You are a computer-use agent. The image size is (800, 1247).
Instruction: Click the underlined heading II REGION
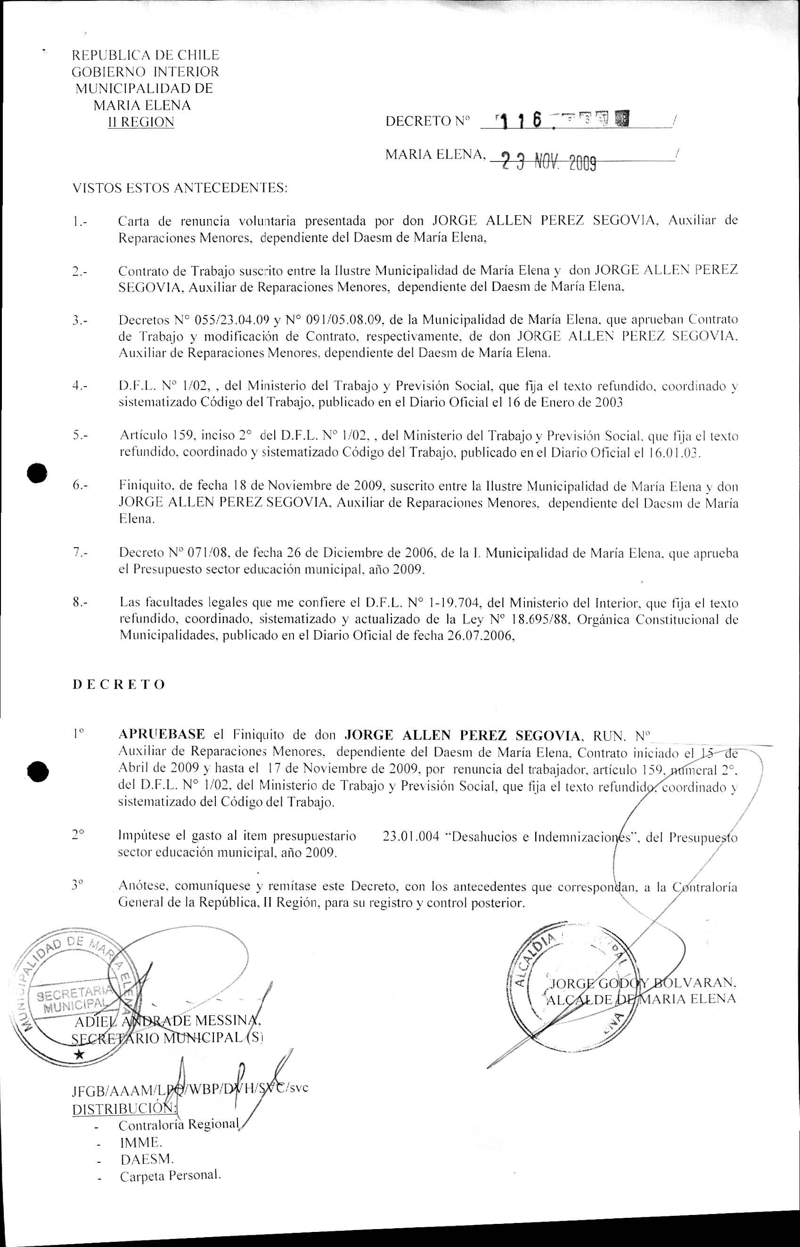point(140,122)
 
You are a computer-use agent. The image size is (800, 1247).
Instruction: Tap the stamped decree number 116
point(520,122)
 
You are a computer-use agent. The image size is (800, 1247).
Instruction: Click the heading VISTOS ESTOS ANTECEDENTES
point(179,187)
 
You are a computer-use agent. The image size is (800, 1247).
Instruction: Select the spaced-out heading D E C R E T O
point(119,684)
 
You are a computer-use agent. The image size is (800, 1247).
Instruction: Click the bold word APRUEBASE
point(162,735)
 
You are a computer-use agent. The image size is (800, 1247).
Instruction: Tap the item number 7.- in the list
point(80,553)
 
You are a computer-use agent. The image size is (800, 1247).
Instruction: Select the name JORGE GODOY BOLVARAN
point(641,983)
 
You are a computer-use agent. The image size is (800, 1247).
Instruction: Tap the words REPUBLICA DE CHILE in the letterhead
point(146,55)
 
